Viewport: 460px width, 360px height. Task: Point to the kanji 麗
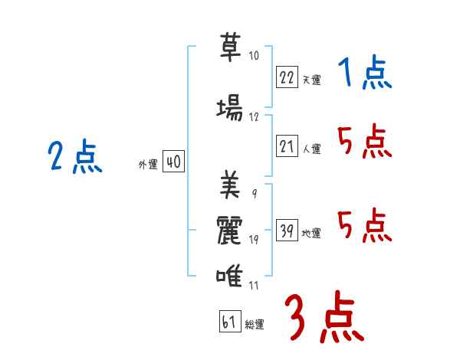[229, 231]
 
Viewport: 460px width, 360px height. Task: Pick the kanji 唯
[229, 277]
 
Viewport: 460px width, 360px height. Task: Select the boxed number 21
[287, 146]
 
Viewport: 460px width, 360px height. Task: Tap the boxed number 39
[287, 230]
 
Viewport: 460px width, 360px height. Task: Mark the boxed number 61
[229, 322]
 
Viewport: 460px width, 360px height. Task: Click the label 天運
[311, 80]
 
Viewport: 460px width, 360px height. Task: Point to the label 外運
[147, 165]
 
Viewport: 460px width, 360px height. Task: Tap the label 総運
[254, 325]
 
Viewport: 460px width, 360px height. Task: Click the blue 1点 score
[364, 74]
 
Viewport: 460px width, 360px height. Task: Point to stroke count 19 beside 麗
[254, 241]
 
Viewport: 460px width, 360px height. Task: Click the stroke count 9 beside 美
[254, 193]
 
